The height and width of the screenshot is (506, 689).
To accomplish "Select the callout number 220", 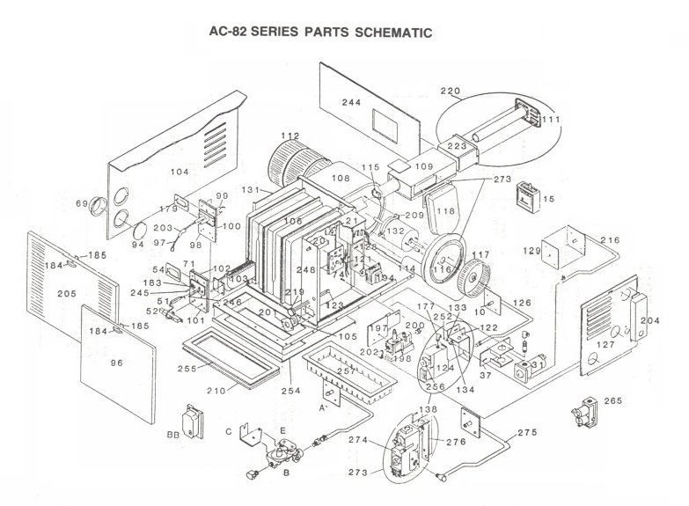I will click(451, 90).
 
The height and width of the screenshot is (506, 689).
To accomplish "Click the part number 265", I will click(612, 401).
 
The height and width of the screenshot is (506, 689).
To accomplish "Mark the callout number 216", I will click(610, 239).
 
